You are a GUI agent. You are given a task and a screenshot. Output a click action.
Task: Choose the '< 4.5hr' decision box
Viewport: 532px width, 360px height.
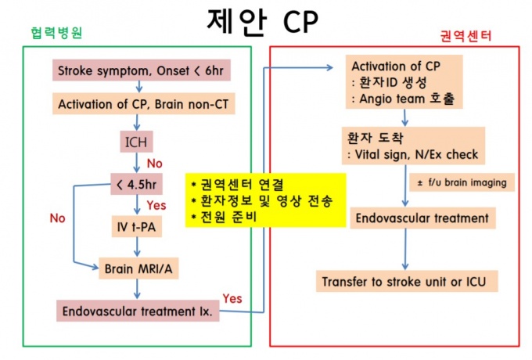[138, 186]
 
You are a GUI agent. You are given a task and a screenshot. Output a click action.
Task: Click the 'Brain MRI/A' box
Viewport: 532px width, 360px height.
[138, 269]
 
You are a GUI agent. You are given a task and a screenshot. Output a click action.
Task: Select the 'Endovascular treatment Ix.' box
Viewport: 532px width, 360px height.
[138, 311]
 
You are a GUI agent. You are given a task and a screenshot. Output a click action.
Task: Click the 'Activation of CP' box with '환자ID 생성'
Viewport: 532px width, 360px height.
[404, 82]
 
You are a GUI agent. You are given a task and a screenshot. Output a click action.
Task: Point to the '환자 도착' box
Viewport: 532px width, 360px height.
[414, 146]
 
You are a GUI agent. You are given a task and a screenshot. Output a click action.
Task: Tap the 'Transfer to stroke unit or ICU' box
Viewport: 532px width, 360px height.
[407, 280]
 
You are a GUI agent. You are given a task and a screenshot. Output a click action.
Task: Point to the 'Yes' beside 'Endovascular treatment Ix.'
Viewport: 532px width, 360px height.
[232, 298]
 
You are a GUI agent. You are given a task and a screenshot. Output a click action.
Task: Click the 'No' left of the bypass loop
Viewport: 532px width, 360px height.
[57, 219]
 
